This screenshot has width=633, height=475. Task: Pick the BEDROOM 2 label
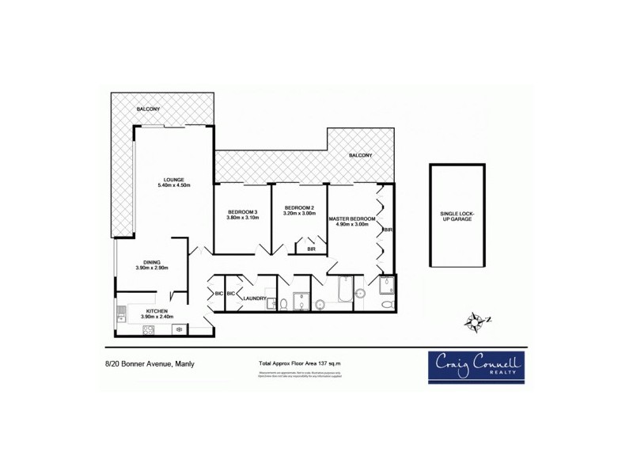click(x=300, y=208)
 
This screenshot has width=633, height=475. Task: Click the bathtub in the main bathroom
click(x=347, y=293)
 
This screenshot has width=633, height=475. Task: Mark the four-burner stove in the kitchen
click(x=180, y=328)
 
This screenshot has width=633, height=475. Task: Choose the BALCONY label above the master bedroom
click(x=359, y=155)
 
